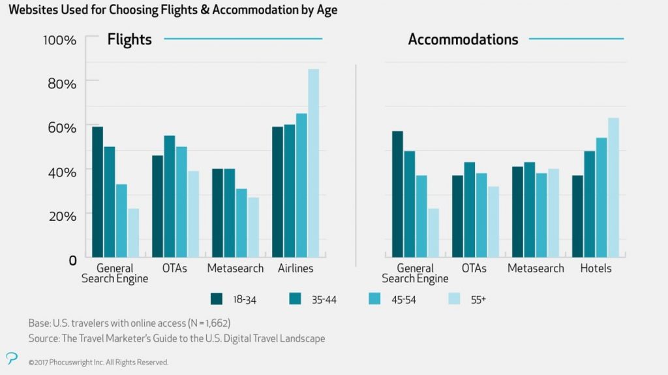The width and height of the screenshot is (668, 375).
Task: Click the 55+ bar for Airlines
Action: (x=313, y=163)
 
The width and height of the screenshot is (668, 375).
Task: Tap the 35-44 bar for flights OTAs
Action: (x=170, y=196)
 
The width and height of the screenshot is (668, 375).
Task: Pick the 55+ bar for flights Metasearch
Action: (x=253, y=227)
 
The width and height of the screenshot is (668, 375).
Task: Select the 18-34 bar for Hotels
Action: (x=578, y=216)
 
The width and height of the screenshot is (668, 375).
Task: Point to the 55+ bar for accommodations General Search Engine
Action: (x=433, y=233)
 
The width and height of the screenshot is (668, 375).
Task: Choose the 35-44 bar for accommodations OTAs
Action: (x=470, y=209)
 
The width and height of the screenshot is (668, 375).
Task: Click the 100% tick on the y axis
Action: (x=60, y=40)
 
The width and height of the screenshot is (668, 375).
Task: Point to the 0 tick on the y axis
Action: (x=72, y=259)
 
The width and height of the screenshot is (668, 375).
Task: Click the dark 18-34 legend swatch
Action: (x=217, y=299)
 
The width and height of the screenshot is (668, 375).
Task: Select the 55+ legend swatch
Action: (x=456, y=299)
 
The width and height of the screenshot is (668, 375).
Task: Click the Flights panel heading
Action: (x=130, y=40)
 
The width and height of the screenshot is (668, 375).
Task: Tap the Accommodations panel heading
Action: (x=463, y=40)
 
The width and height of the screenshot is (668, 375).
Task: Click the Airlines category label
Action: (x=296, y=269)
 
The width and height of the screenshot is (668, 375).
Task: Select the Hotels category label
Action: (x=596, y=269)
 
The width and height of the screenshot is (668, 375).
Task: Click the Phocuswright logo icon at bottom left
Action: (x=11, y=357)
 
